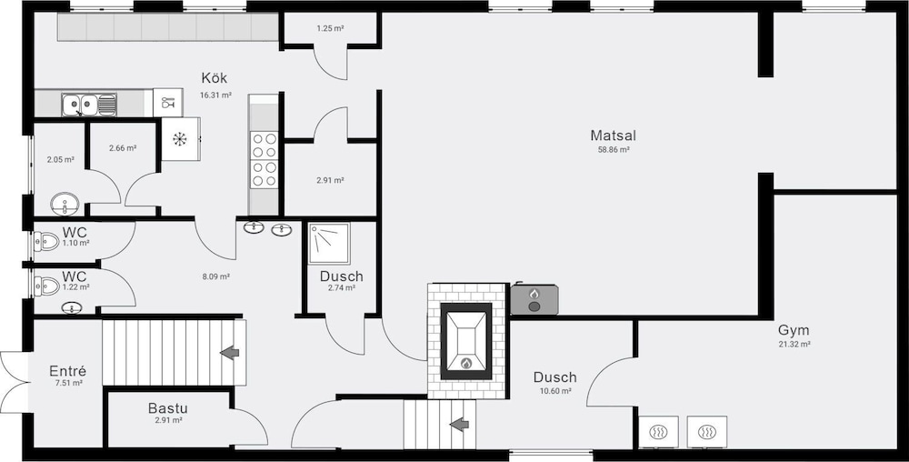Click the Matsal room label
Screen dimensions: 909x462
(x=614, y=136)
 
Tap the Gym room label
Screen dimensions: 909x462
(x=794, y=331)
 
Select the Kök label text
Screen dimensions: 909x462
(x=215, y=77)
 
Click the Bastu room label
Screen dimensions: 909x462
(x=167, y=408)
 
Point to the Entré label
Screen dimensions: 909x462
(x=68, y=371)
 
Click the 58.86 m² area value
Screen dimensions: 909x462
(x=614, y=149)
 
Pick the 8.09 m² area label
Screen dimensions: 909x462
(x=216, y=276)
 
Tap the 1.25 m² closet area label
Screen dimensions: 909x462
(x=331, y=28)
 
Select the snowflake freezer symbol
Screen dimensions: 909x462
(x=180, y=139)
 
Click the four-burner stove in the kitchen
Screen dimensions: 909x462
(x=264, y=160)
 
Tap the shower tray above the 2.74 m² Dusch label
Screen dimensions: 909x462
(x=329, y=244)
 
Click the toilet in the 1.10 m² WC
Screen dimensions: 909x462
(x=46, y=241)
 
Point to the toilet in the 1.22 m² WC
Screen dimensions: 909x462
(x=46, y=286)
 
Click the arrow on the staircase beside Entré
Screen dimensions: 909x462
(x=230, y=352)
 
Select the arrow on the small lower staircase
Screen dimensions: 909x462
(x=460, y=425)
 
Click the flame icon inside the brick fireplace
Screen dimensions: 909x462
(x=465, y=364)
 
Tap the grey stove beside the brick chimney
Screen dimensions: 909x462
(x=534, y=299)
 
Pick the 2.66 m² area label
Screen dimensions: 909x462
(x=123, y=148)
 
